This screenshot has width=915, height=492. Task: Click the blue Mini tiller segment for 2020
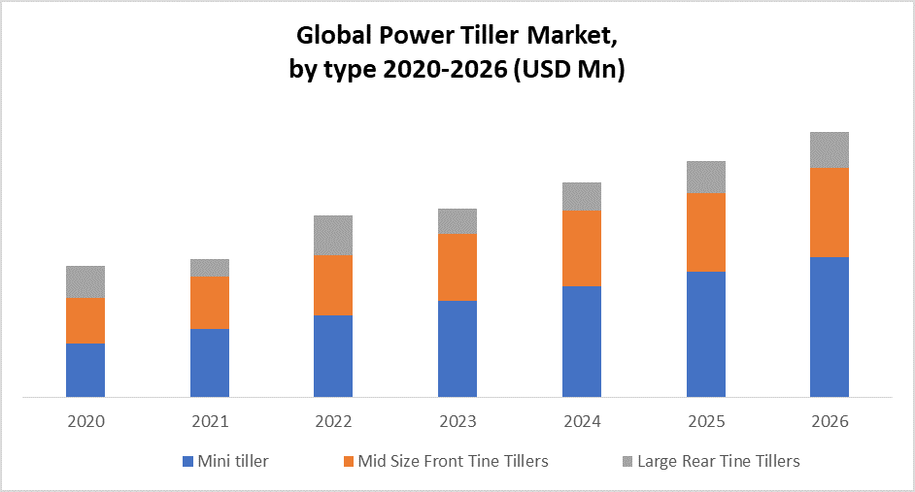tap(85, 370)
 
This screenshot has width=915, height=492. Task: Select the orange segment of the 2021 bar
tap(210, 303)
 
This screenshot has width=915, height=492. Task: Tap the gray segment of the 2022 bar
tap(333, 235)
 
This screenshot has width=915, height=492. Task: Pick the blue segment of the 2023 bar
tap(457, 348)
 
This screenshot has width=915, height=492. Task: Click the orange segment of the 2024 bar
tap(582, 248)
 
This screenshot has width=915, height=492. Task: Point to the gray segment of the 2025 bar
tap(706, 177)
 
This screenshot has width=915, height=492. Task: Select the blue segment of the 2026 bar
tap(830, 327)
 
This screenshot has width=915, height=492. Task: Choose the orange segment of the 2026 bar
tap(830, 213)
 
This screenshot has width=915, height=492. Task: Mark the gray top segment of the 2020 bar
tap(85, 281)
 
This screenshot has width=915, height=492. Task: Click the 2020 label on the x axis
tap(85, 422)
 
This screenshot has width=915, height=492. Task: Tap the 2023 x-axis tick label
tap(457, 422)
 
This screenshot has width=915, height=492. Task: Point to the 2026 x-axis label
tap(830, 422)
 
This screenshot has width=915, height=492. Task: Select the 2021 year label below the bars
tap(210, 422)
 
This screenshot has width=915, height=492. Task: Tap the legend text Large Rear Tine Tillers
tap(718, 462)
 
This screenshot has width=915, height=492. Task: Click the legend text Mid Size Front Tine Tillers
tap(453, 462)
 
